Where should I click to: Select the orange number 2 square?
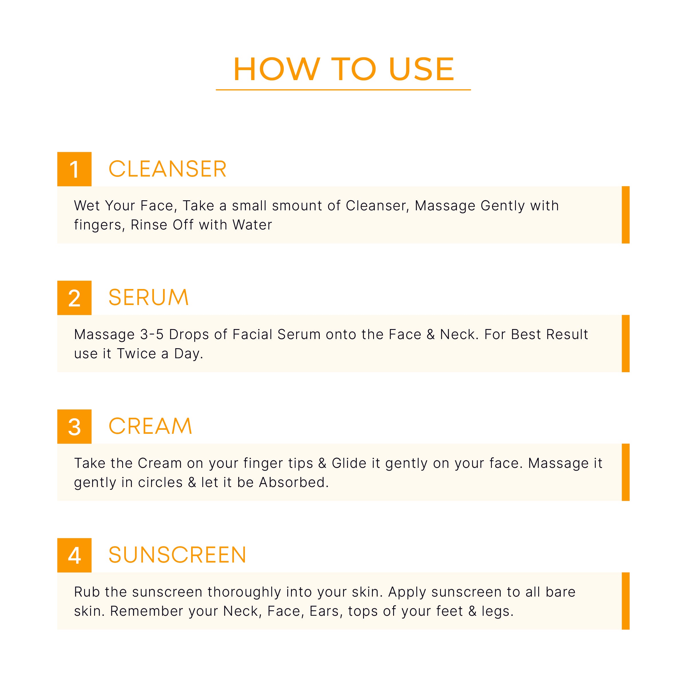tap(74, 298)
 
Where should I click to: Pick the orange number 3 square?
tap(74, 426)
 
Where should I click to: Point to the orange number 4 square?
tap(74, 555)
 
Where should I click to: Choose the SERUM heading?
tap(148, 298)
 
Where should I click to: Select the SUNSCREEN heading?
tap(177, 555)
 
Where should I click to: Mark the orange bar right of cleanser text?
tap(625, 215)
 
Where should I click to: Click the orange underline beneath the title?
tap(343, 90)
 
